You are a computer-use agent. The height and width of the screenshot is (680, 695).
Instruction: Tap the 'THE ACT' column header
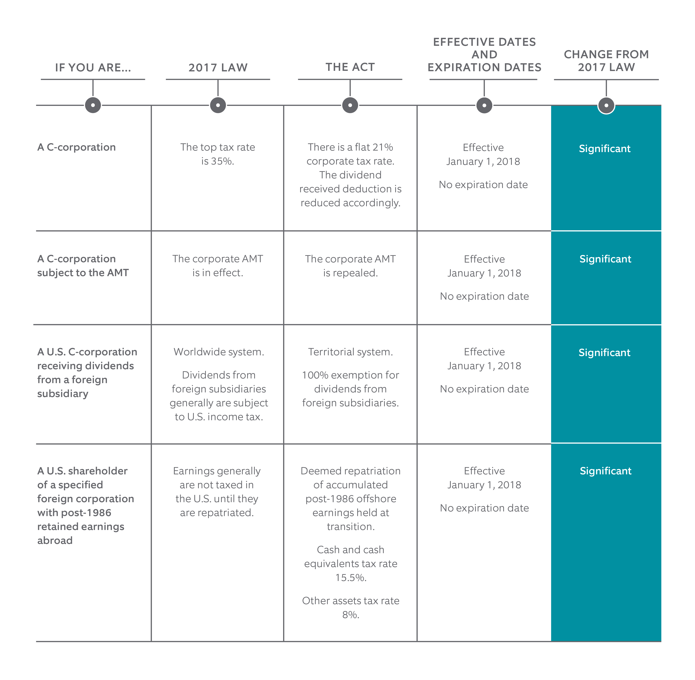click(350, 67)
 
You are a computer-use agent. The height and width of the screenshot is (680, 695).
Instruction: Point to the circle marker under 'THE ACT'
click(350, 105)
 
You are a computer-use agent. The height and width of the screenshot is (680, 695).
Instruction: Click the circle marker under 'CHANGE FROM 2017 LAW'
click(606, 105)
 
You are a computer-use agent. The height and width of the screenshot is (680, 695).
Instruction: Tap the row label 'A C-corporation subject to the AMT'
click(83, 266)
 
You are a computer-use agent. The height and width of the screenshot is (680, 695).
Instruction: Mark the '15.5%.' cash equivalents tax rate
click(351, 577)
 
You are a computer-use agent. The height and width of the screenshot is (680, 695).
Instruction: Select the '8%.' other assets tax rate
click(351, 615)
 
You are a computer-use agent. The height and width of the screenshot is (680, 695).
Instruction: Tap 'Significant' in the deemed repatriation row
click(606, 471)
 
